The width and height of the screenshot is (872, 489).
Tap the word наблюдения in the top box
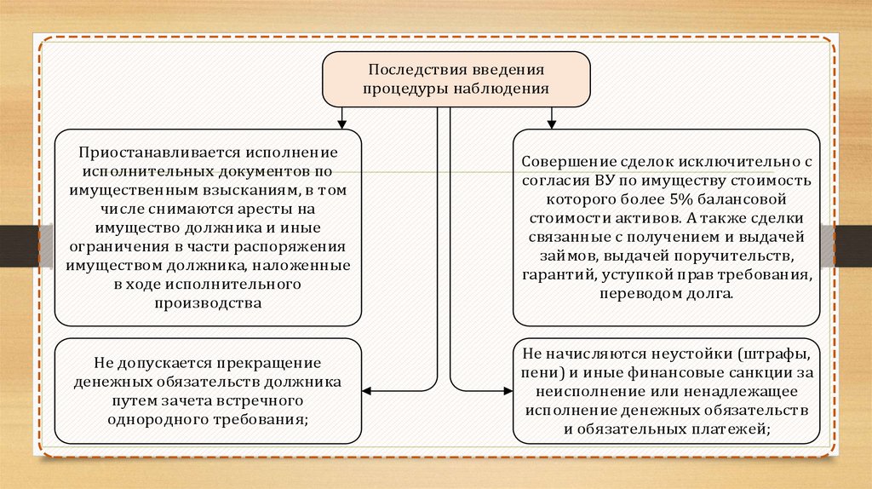pyautogui.click(x=500, y=87)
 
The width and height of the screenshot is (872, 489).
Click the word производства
pyautogui.click(x=209, y=302)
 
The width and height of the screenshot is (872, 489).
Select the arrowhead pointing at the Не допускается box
pyautogui.click(x=368, y=391)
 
